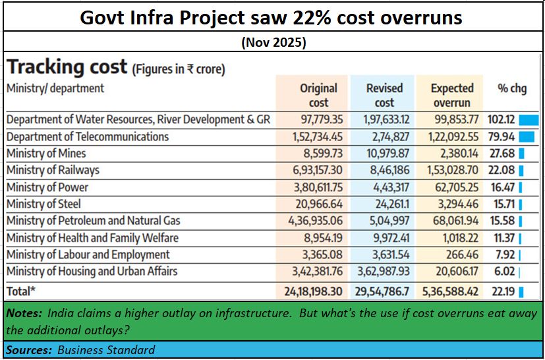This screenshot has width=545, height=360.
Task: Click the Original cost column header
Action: coord(318,95)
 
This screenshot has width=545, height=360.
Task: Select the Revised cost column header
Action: coord(384,95)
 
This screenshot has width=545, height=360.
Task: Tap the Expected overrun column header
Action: coord(451,95)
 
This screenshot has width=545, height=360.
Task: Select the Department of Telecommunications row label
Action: coord(88,137)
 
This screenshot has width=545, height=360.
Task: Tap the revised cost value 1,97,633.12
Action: coord(384,120)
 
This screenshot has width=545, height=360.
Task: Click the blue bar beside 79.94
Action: coord(526,137)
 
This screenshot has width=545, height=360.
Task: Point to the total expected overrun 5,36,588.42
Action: coord(449,291)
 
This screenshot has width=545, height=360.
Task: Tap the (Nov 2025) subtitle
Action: coord(273,43)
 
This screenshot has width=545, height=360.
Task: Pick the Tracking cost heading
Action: coord(67,67)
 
